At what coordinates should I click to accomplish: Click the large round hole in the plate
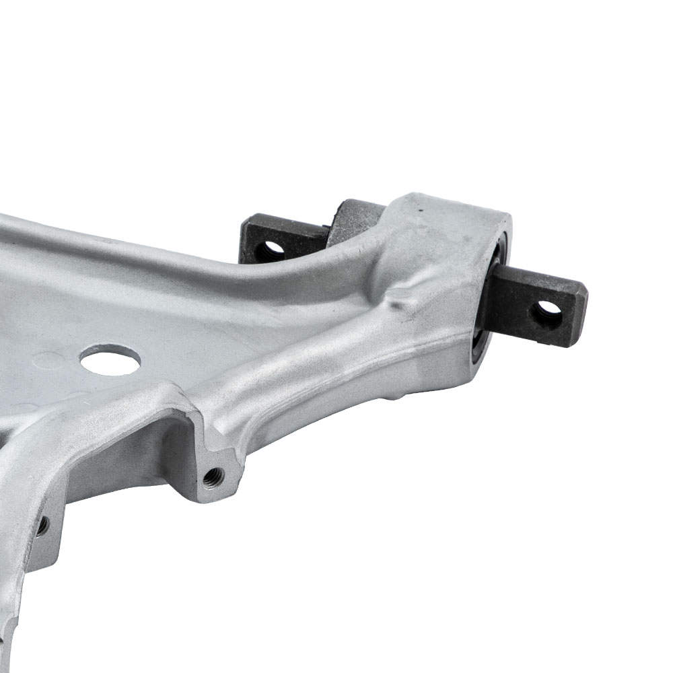110,360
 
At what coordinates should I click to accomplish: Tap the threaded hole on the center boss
213,477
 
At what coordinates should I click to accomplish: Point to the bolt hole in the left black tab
271,248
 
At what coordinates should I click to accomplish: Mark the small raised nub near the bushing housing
404,303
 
